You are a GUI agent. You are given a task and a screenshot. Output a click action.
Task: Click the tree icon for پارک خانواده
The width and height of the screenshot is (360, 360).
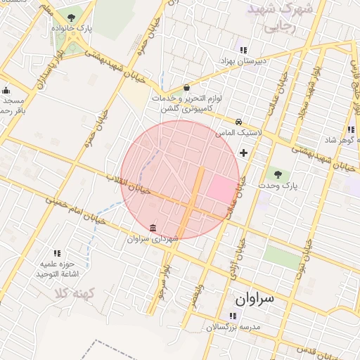71,18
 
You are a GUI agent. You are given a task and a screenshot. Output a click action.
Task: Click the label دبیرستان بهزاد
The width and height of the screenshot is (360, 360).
243,61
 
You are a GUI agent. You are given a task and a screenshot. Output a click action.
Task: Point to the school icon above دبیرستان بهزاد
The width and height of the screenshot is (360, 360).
243,50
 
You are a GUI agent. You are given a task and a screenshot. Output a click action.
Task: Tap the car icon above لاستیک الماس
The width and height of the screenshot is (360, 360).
239,121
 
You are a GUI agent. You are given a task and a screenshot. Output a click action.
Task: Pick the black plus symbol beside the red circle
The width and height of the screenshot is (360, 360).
244,153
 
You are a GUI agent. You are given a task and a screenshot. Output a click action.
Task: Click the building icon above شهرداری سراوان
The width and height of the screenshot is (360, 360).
153,227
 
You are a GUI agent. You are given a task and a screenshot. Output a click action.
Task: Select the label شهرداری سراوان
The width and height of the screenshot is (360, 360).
153,239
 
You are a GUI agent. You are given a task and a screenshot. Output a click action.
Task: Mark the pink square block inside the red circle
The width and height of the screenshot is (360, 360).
221,188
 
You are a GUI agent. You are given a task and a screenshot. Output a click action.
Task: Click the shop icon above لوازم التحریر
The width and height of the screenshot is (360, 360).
186,88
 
